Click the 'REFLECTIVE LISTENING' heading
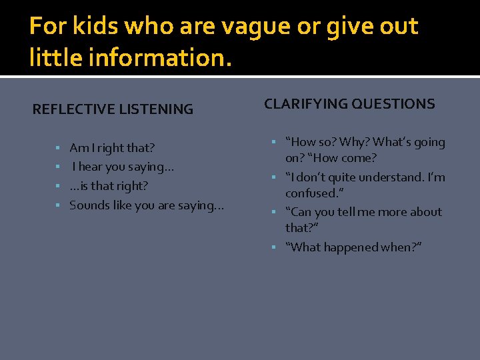(x=113, y=109)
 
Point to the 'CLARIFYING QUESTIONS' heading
(x=349, y=104)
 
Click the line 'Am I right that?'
(x=112, y=148)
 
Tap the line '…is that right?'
(x=109, y=186)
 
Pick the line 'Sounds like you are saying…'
(x=147, y=205)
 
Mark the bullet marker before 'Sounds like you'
(x=58, y=205)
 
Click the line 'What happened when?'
(x=353, y=247)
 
